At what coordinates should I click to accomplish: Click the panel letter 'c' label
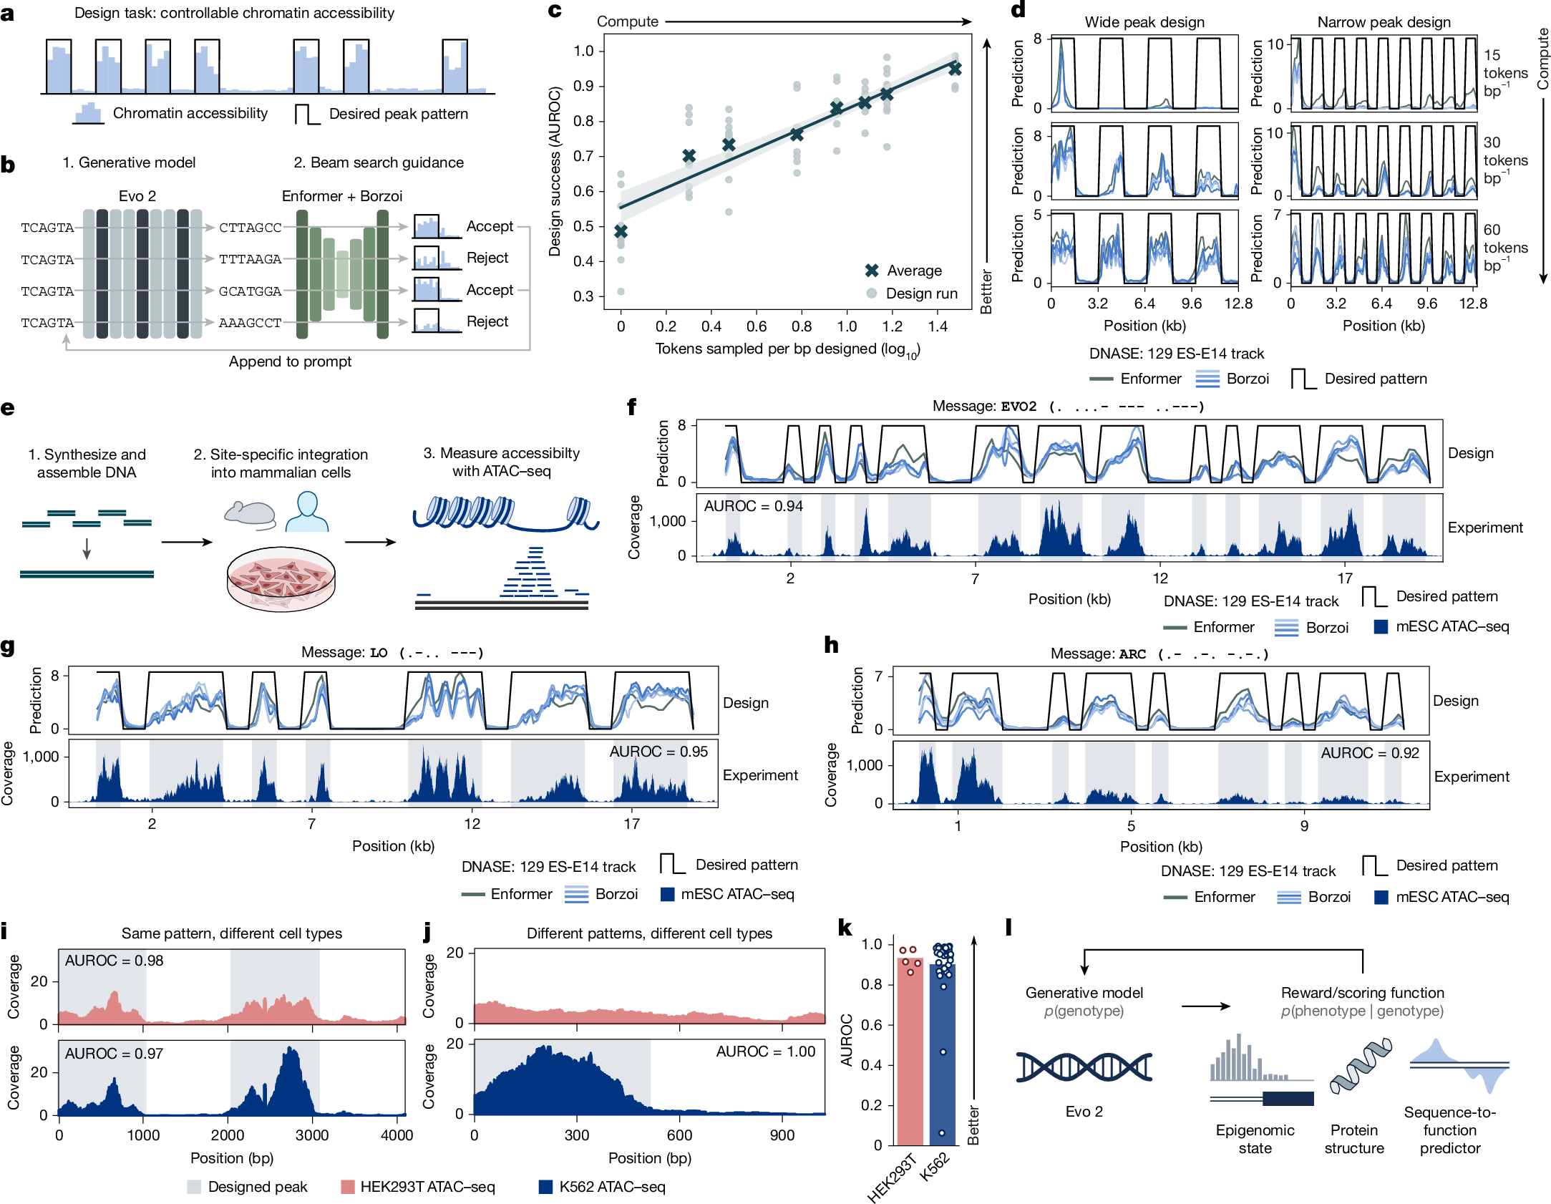(x=555, y=11)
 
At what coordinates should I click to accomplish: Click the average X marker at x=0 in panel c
(x=621, y=231)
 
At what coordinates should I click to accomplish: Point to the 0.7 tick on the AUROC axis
(x=583, y=156)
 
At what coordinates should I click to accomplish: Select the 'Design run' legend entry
(x=920, y=293)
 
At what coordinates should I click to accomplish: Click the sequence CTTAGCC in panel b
(x=250, y=228)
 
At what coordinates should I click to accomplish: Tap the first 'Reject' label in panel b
(x=487, y=258)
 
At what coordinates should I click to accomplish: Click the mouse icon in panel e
(x=250, y=513)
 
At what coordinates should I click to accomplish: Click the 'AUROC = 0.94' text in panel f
(x=753, y=506)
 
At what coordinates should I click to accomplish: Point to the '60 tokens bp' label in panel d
(x=1504, y=248)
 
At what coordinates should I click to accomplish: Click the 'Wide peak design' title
(x=1144, y=22)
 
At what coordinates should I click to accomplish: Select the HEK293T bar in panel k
(x=910, y=1052)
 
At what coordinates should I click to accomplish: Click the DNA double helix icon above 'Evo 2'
(x=1083, y=1067)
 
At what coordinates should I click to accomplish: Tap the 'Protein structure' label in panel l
(x=1353, y=1139)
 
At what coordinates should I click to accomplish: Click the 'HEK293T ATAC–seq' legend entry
(x=427, y=1187)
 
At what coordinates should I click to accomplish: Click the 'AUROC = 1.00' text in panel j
(x=765, y=1052)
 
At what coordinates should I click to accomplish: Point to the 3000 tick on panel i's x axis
(x=312, y=1135)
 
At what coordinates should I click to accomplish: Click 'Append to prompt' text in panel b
(x=290, y=361)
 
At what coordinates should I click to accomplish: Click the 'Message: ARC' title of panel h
(x=1097, y=654)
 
